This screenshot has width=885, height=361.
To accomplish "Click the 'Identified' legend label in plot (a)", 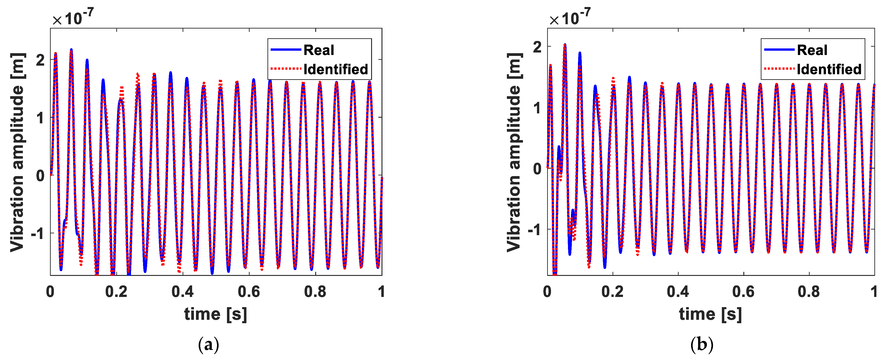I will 336,69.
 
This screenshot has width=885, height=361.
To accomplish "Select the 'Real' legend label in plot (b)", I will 812,50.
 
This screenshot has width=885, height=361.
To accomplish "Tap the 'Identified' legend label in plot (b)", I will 829,69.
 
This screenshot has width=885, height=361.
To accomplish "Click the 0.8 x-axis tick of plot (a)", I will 315,292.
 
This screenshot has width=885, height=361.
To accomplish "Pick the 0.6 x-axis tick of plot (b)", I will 743,292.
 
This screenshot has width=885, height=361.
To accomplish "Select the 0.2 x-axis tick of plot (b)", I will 612,292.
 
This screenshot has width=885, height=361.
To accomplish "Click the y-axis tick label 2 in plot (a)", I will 41,60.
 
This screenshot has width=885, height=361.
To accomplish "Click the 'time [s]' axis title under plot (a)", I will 215,314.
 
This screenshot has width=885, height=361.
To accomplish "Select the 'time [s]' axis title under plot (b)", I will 711,314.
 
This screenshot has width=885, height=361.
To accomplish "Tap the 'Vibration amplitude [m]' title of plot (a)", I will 17,152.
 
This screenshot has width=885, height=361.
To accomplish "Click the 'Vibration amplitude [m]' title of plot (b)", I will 514,152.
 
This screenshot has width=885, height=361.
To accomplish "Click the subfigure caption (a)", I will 209,344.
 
